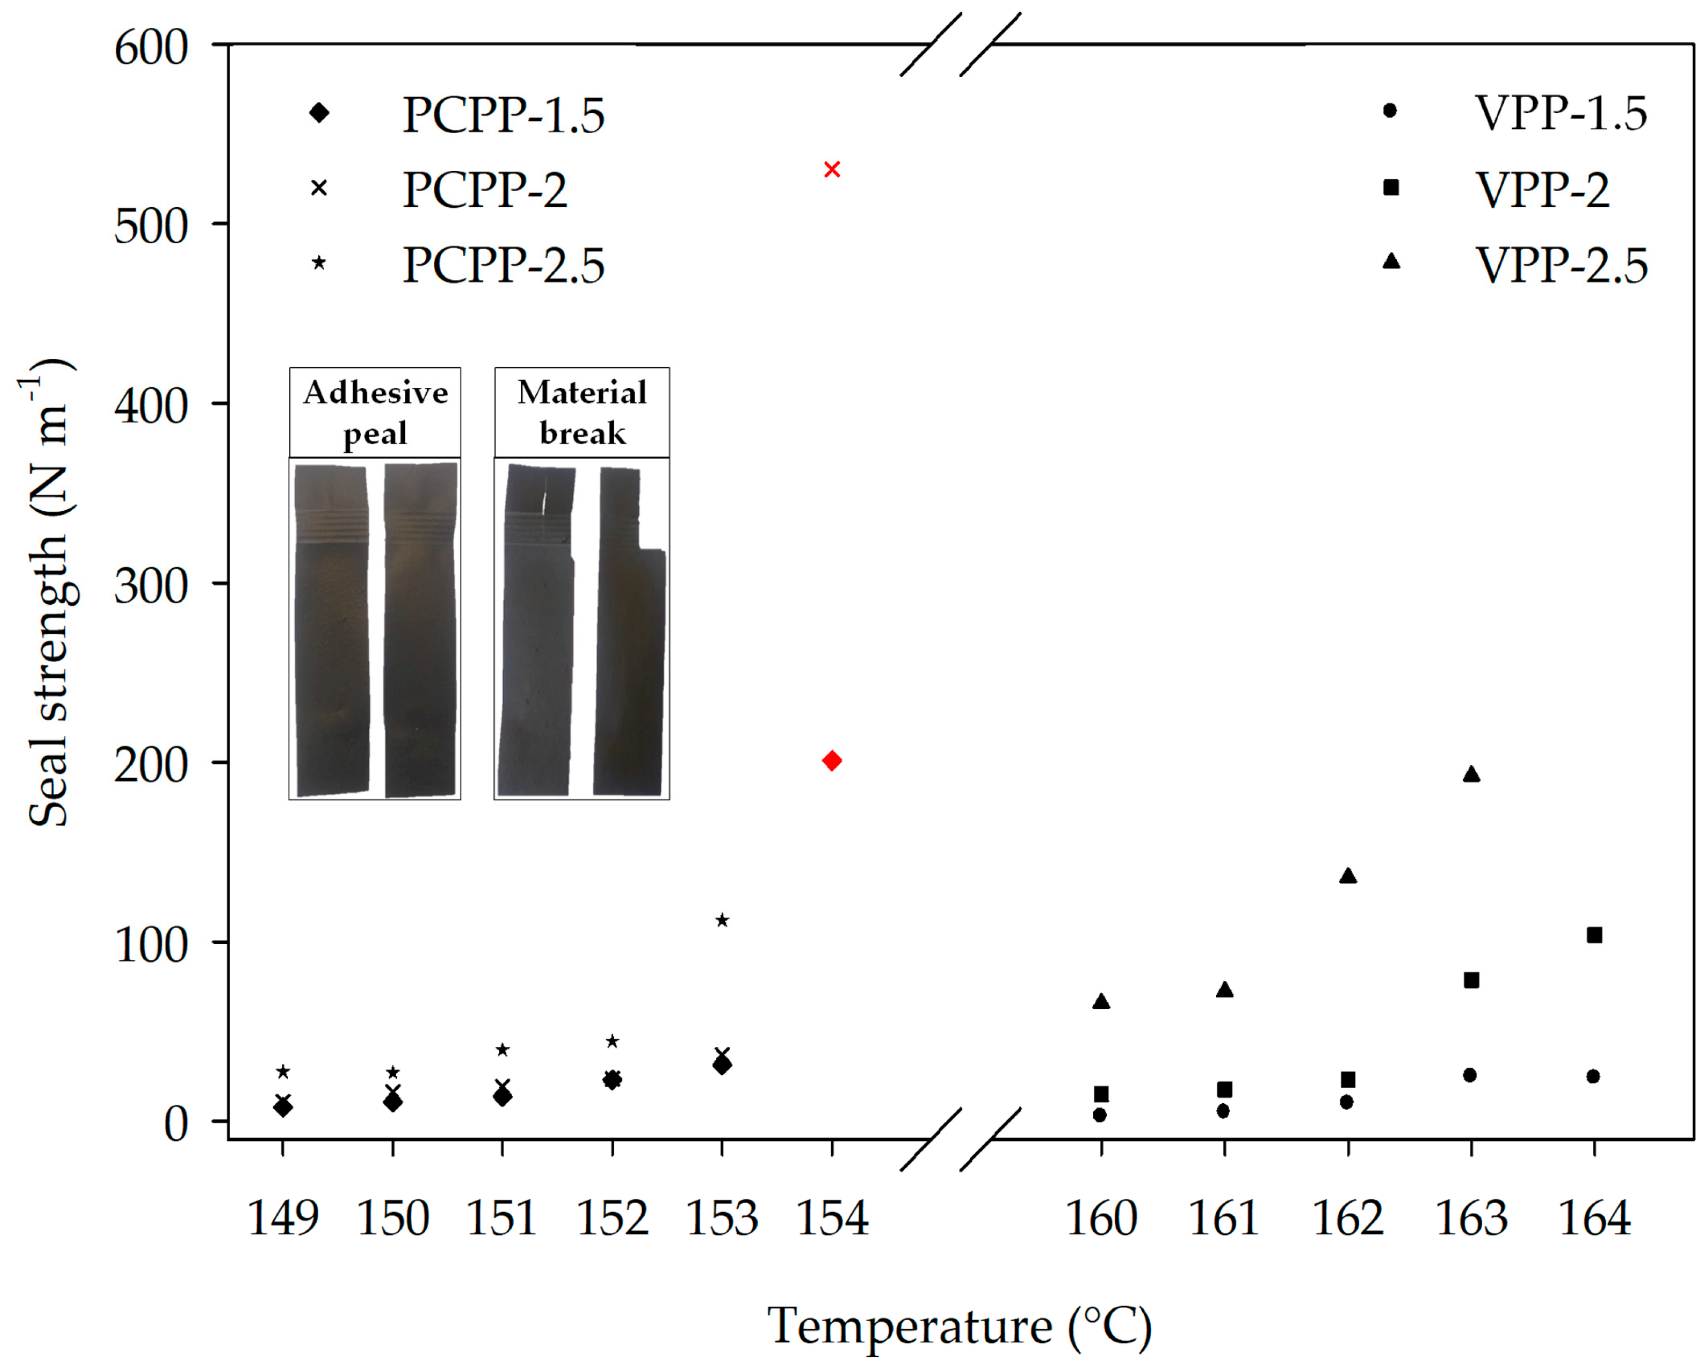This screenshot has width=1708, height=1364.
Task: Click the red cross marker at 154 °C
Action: (832, 169)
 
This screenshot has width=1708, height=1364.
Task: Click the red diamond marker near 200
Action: (832, 760)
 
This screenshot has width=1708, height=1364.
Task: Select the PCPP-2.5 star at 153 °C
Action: (722, 920)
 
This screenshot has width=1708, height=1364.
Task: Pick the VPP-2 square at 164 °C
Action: (1595, 935)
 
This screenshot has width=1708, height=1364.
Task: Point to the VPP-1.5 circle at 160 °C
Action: (1099, 1115)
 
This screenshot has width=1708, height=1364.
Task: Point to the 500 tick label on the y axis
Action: (150, 227)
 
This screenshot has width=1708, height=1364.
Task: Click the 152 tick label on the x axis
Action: (612, 1218)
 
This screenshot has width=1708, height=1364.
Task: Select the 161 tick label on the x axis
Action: (1223, 1218)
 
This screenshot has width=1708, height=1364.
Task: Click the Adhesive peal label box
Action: (375, 413)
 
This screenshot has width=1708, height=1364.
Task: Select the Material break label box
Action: (582, 413)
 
